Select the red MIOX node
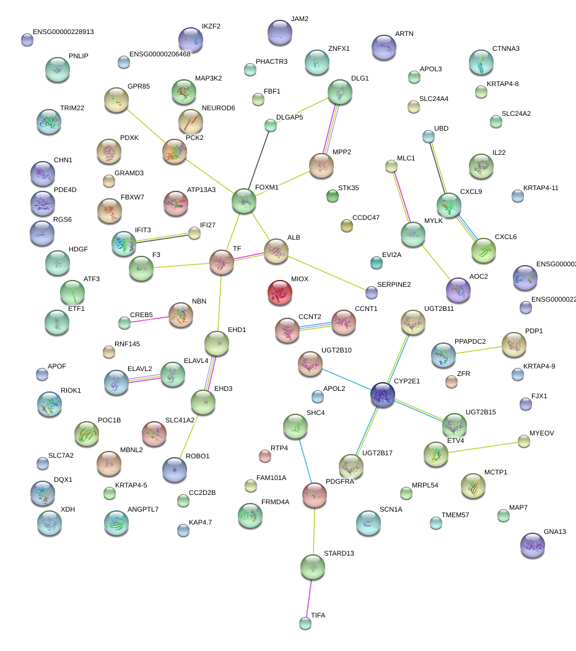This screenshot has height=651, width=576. (x=280, y=293)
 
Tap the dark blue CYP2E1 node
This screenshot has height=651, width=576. (x=383, y=395)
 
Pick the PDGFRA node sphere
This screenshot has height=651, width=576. (x=315, y=494)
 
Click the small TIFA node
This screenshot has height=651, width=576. (x=305, y=623)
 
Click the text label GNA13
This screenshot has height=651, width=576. (x=555, y=532)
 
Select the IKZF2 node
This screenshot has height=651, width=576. (x=191, y=40)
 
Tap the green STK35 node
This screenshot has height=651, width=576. (x=333, y=196)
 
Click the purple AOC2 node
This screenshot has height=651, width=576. (x=458, y=290)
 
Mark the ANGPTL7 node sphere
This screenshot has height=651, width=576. (x=116, y=523)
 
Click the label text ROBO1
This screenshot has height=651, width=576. (x=198, y=457)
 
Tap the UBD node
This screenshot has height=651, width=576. (x=428, y=136)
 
